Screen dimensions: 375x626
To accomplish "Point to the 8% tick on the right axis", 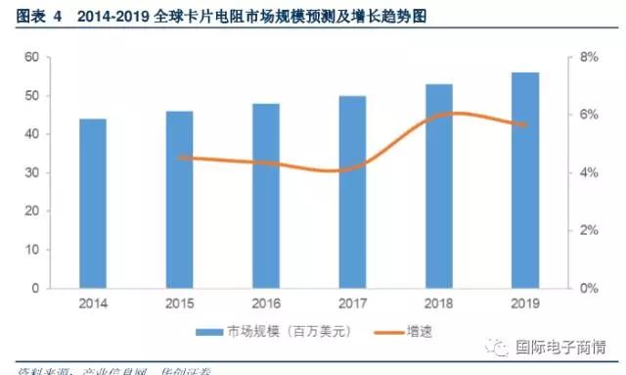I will pos(589,58).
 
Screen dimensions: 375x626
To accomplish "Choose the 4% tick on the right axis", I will pos(589,173).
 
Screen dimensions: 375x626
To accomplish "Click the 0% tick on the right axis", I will pos(589,289).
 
